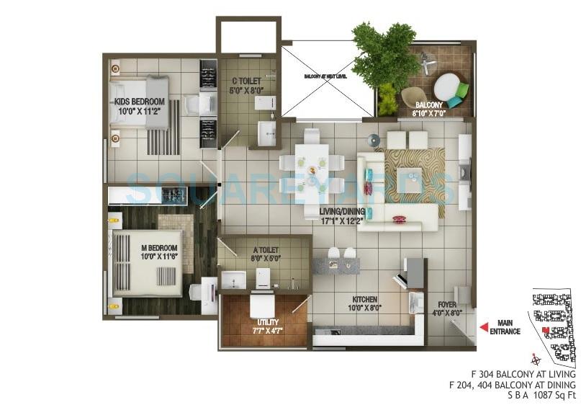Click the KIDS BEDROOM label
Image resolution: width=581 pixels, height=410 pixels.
140,102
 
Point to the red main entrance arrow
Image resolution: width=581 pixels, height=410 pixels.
483,327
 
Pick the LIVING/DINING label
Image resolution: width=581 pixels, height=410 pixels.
341,211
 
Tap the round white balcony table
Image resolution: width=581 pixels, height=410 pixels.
447,87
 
